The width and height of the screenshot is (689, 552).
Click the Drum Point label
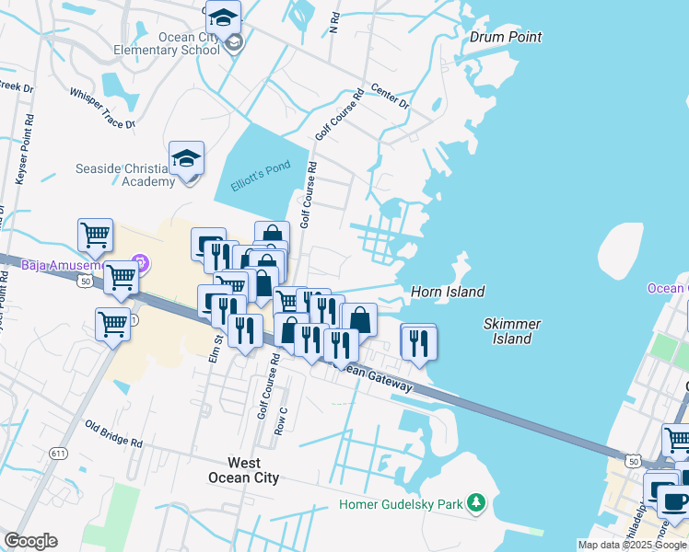click(505, 38)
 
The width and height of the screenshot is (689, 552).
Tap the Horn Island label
click(448, 292)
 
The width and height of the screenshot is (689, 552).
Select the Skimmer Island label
click(511, 331)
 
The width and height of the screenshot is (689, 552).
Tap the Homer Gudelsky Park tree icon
click(476, 502)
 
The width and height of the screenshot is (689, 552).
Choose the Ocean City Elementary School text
click(175, 43)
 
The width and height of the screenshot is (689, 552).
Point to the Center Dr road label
click(389, 97)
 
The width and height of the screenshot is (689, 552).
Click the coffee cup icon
click(674, 501)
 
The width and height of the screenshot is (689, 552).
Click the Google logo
click(30, 541)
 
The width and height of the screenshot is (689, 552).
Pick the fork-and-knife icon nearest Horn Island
click(418, 342)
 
